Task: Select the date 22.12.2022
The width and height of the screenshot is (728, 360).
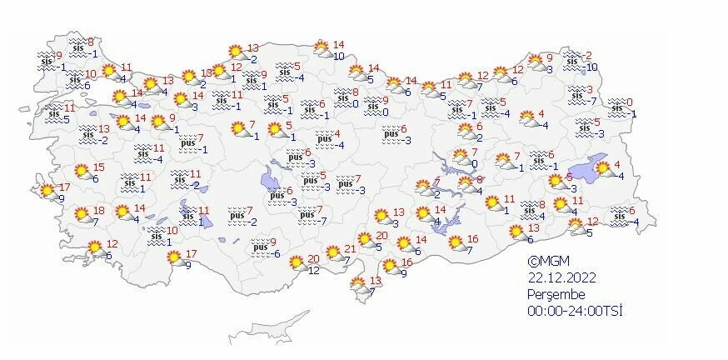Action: pos(560,278)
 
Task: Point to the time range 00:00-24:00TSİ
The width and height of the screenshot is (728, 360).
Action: pos(575,310)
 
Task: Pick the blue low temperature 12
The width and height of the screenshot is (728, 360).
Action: pos(314,270)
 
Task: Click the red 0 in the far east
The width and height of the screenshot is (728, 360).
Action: pos(630,102)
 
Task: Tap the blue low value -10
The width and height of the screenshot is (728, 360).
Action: pos(591,67)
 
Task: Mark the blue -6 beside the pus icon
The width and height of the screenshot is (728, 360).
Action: pos(276,253)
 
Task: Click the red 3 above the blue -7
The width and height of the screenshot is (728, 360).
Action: pos(590,89)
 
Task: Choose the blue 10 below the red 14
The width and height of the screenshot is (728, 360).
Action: pos(339,56)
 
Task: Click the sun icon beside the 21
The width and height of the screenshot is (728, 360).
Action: pos(334,252)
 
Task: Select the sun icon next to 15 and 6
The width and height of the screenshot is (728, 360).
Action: pos(82,172)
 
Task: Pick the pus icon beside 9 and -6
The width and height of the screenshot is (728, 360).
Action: pos(259,247)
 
